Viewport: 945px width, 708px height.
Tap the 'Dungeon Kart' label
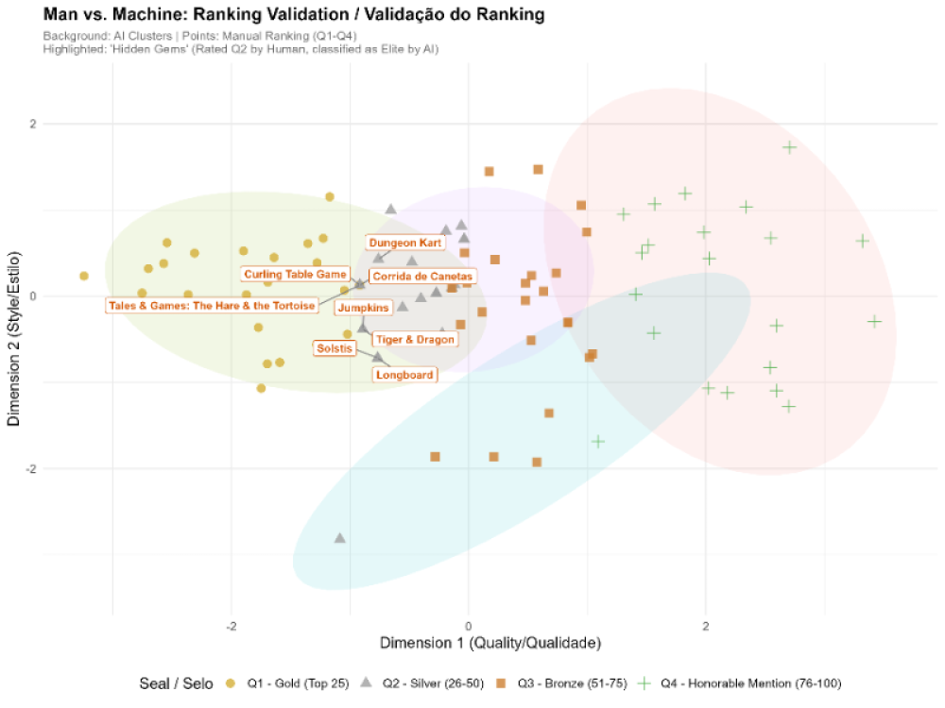405,243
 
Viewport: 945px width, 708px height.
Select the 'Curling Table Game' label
295,275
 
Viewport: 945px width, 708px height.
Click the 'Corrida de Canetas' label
421,277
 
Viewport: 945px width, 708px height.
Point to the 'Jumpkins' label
364,308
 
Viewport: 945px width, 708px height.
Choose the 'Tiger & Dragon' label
415,339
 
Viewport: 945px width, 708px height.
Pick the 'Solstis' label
335,348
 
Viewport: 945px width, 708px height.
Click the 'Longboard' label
404,375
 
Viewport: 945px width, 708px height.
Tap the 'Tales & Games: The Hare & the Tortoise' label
212,305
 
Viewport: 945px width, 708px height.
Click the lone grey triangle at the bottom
340,538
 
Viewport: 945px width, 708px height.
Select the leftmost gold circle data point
84,276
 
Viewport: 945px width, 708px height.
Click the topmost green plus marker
789,147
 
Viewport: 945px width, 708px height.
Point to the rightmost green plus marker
874,321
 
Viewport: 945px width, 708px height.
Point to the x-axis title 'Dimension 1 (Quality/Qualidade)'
490,644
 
